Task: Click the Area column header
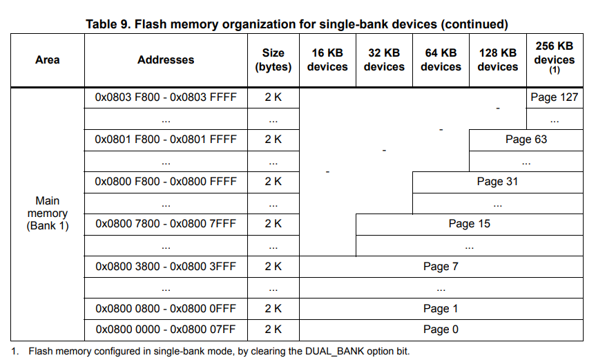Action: [x=48, y=59]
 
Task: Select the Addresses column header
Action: [x=166, y=59]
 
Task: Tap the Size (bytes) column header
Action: [x=273, y=59]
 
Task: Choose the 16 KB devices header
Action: [x=327, y=59]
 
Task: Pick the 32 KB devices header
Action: [x=384, y=59]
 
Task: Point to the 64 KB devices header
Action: [x=441, y=59]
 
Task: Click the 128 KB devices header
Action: [x=497, y=59]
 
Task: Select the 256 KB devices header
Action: [x=555, y=58]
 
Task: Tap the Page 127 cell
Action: [x=555, y=97]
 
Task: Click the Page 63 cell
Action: [x=526, y=140]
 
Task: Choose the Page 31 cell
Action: [x=497, y=182]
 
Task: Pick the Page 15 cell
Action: [x=470, y=223]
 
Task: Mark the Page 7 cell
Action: [x=441, y=267]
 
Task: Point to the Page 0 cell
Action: [x=441, y=329]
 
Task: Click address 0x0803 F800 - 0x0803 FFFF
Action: [x=166, y=97]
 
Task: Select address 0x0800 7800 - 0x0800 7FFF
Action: [x=166, y=223]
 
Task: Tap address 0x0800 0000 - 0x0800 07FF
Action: [x=166, y=329]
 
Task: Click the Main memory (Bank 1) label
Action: [x=48, y=214]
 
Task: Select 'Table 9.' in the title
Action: [x=108, y=24]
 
